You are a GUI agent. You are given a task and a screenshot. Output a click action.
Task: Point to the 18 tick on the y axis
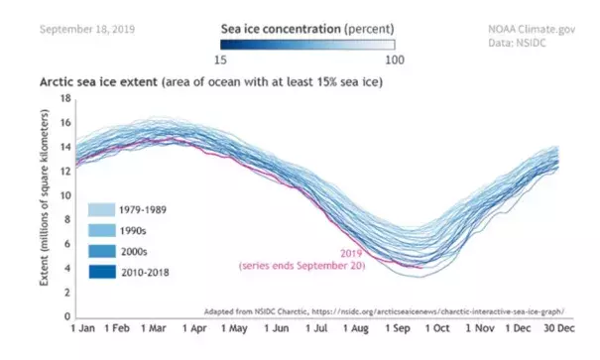pyautogui.click(x=66, y=99)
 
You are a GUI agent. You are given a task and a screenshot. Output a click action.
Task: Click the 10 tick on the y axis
pyautogui.click(x=66, y=194)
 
